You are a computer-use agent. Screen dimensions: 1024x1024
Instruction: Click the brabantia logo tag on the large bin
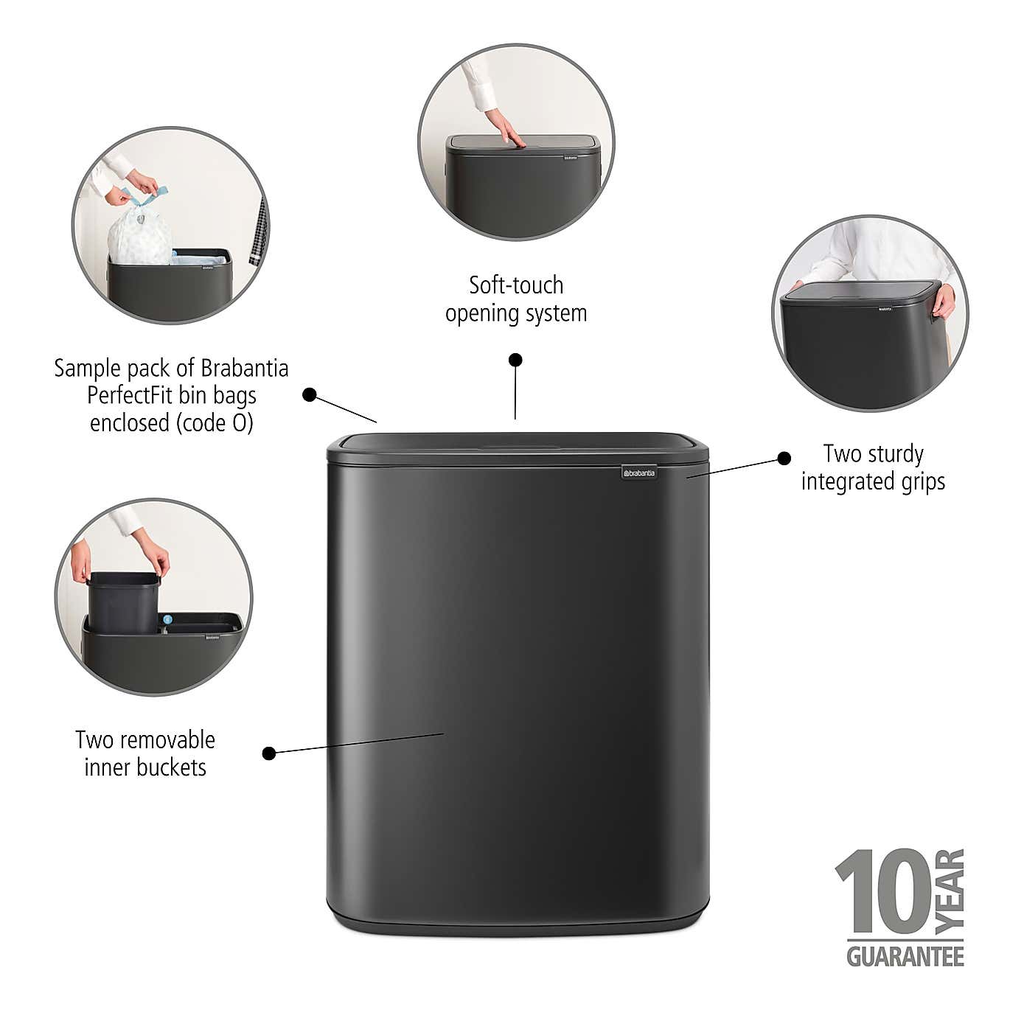click(x=637, y=473)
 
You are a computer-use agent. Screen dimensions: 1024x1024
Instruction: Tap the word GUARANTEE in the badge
click(x=905, y=956)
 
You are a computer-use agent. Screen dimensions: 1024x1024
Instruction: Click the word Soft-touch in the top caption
click(x=516, y=285)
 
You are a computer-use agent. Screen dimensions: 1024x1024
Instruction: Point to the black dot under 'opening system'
click(x=515, y=360)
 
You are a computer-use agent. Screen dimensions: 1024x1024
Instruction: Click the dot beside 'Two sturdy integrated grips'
click(x=784, y=459)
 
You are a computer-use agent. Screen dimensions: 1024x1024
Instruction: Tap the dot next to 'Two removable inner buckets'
click(x=269, y=753)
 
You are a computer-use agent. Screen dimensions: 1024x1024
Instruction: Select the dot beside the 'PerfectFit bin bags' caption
click(x=310, y=395)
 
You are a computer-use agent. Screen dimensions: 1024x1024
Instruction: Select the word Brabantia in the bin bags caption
click(x=244, y=368)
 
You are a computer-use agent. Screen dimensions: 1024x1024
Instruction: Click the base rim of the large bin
click(x=518, y=922)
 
